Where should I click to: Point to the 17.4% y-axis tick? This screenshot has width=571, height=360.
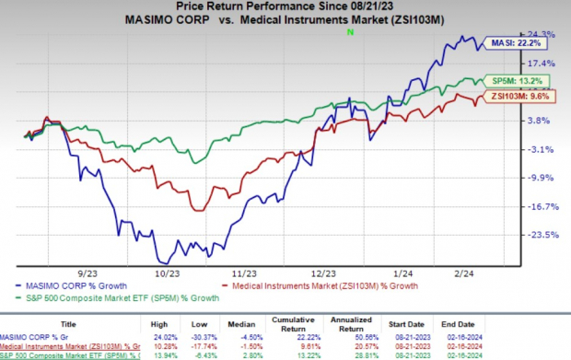[x=542, y=63]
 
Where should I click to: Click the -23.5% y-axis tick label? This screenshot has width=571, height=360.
[x=542, y=236]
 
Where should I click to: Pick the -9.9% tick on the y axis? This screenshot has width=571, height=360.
[x=542, y=178]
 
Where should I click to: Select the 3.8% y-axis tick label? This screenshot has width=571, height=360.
[x=542, y=121]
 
